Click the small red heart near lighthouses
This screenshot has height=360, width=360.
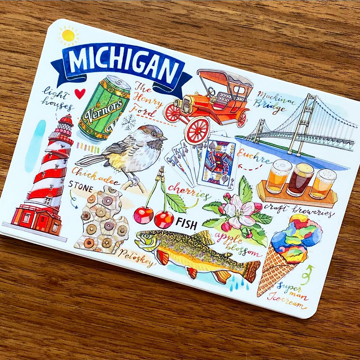pyautogui.click(x=79, y=93)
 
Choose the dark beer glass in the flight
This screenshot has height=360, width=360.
pyautogui.click(x=300, y=178)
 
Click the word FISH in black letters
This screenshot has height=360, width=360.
pyautogui.click(x=187, y=224)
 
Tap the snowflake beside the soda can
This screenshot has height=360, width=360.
pyautogui.click(x=129, y=123)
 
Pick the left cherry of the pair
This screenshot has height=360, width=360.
pyautogui.click(x=143, y=215)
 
